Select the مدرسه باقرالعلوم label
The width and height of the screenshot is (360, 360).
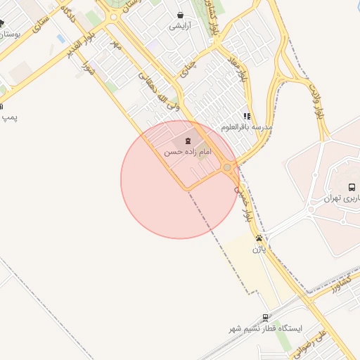point(246,127)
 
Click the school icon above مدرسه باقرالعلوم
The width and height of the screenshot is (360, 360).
point(246,116)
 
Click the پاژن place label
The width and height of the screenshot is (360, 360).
point(259,249)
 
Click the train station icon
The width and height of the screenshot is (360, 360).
point(265,318)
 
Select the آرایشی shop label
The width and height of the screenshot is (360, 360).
point(180,25)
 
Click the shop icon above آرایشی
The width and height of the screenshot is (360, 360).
point(181,14)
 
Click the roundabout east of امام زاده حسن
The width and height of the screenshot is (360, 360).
point(227,167)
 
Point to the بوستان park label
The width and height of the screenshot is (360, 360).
point(10,33)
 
